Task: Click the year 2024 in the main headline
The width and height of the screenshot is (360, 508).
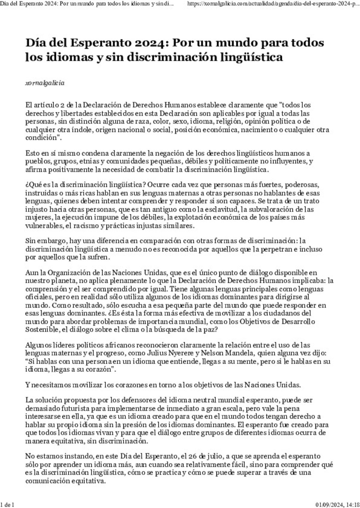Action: pos(149,43)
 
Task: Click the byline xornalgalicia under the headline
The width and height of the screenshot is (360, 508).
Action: pos(45,83)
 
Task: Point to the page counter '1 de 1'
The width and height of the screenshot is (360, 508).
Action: pos(7,504)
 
